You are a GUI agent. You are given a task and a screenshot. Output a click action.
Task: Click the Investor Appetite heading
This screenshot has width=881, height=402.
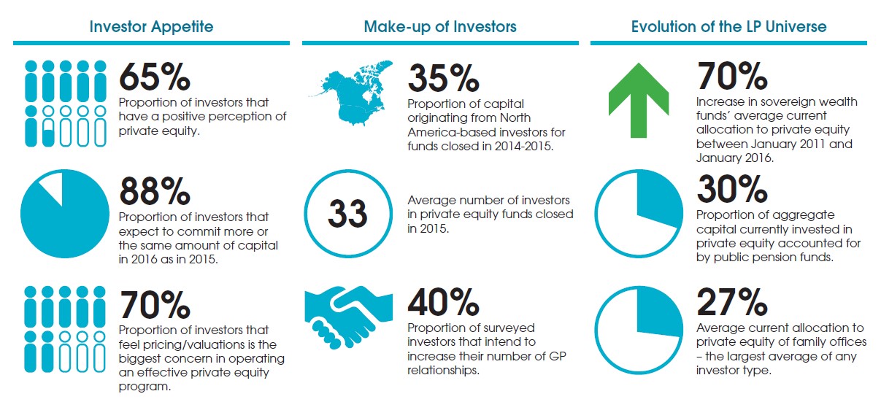(151, 27)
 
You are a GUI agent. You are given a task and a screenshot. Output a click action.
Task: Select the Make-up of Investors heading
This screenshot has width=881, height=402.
(440, 27)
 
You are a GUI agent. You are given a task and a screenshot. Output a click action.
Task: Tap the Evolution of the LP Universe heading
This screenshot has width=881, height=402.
(728, 27)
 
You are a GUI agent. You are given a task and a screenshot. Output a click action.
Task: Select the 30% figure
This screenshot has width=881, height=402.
(732, 190)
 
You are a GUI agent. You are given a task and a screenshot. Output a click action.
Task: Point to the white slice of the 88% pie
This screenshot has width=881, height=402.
(53, 189)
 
